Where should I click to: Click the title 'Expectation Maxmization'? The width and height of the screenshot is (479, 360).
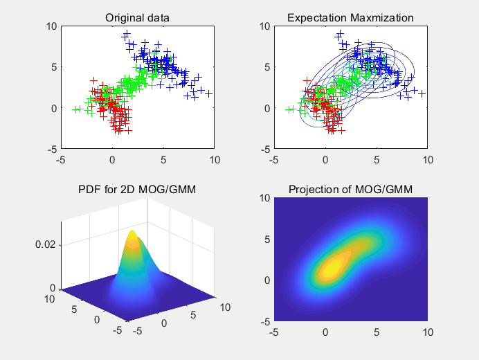[x=350, y=17]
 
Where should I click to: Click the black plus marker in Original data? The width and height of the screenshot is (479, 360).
[x=209, y=93]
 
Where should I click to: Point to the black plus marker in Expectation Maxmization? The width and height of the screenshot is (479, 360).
[x=422, y=93]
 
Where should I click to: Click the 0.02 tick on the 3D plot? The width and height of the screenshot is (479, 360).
[x=46, y=244]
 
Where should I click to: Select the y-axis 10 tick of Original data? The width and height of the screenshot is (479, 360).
[x=51, y=26]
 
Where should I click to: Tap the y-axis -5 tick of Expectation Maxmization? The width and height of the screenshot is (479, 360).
[x=264, y=150]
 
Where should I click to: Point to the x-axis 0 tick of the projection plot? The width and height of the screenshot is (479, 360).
[x=325, y=332]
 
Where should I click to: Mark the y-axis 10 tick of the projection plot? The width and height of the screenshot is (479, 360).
[x=264, y=198]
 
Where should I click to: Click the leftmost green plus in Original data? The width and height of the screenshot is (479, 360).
[x=76, y=109]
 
